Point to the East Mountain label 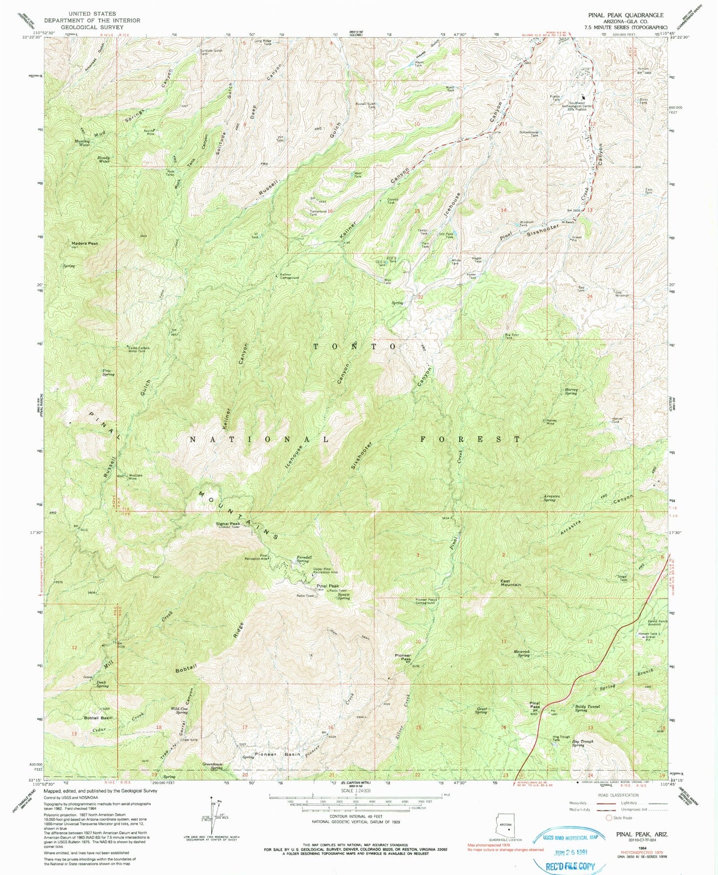coord(511,582)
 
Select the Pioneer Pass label coord(402,657)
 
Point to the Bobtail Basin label coord(98,718)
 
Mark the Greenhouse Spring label coord(212,766)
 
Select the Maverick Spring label coord(523,654)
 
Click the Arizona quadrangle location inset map coord(508,828)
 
